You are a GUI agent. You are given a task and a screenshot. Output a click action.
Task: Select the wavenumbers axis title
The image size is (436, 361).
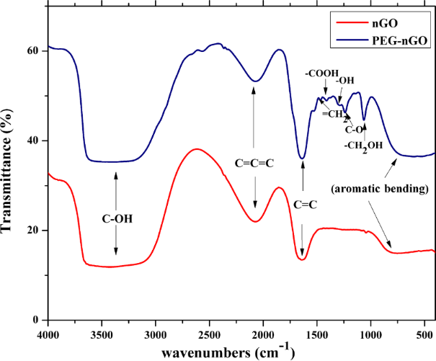pyautogui.click(x=227, y=352)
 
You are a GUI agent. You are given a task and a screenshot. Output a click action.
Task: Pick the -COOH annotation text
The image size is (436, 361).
pyautogui.click(x=321, y=73)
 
